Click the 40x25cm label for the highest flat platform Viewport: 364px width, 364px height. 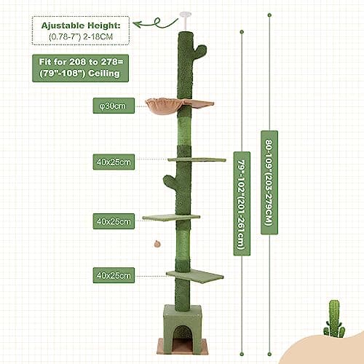click(113, 161)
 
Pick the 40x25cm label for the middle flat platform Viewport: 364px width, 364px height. click(113, 218)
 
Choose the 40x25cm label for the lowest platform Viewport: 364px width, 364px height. click(113, 275)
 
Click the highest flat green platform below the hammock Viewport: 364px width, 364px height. click(198, 159)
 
